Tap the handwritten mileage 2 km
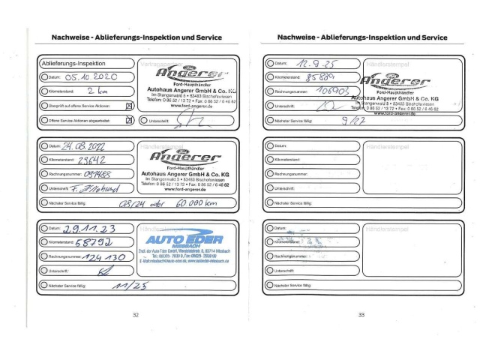pos(89,91)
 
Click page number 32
pos(135,315)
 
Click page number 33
pos(361,315)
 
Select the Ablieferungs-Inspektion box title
pos(73,64)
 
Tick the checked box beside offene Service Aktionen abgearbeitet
pos(128,120)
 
